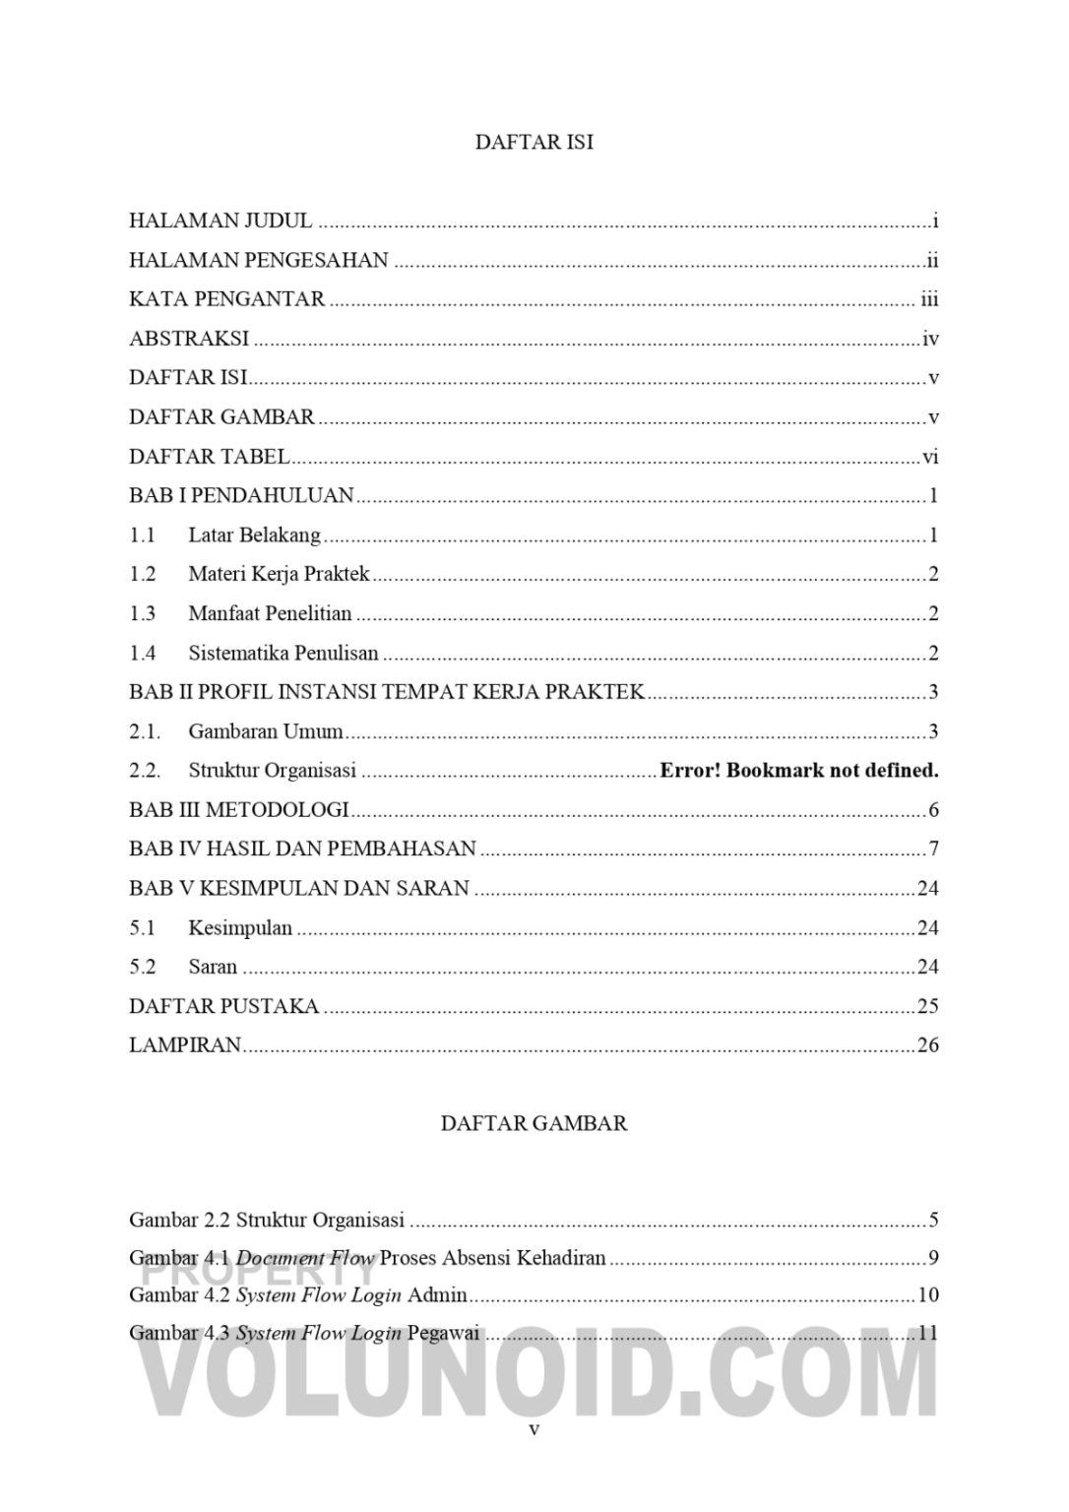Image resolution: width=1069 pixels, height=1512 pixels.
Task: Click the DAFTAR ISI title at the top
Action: click(x=534, y=142)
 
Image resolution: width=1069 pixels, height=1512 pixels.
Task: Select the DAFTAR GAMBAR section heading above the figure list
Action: click(x=534, y=1123)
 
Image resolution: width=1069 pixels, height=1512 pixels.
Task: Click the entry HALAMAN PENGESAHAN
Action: click(x=259, y=261)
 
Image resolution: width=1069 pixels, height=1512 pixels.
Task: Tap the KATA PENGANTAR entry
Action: click(x=226, y=299)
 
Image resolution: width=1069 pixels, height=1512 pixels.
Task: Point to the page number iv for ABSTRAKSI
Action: click(x=930, y=340)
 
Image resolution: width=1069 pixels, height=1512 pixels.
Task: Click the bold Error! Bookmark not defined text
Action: click(x=798, y=771)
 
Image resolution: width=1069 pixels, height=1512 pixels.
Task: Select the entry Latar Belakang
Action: click(x=254, y=535)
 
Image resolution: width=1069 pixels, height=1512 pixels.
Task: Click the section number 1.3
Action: click(x=143, y=614)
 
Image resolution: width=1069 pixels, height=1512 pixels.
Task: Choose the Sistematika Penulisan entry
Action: click(x=283, y=654)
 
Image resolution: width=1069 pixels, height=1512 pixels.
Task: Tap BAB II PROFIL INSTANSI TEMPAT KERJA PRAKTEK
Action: click(x=387, y=692)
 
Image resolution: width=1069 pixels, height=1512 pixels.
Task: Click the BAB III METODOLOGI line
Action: click(x=239, y=810)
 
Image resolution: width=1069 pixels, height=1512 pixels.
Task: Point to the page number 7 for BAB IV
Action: click(x=933, y=850)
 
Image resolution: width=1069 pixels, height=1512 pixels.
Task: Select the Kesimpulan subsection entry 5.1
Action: click(x=240, y=928)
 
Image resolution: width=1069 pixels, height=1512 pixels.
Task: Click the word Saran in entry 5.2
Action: click(x=213, y=967)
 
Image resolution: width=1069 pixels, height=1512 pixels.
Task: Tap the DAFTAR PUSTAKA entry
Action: click(x=224, y=1006)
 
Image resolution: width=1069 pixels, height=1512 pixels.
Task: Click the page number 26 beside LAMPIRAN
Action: click(x=927, y=1045)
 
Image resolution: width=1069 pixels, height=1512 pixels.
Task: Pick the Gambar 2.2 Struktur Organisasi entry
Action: click(x=267, y=1221)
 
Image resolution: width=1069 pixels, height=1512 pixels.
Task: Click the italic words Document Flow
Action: click(x=305, y=1258)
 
